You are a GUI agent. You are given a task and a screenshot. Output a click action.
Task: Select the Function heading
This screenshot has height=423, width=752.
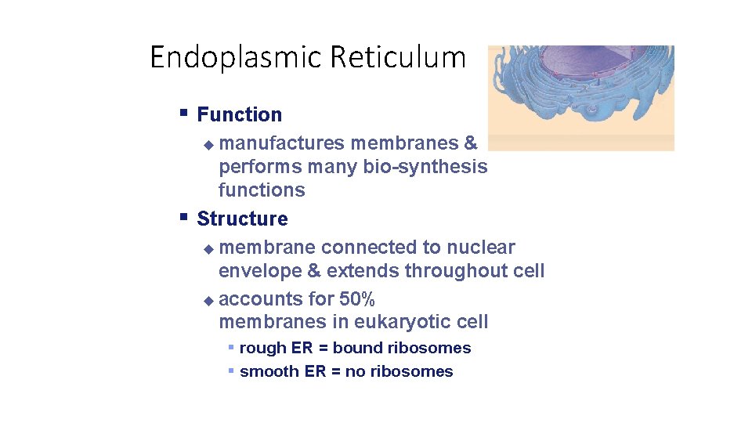pos(239,114)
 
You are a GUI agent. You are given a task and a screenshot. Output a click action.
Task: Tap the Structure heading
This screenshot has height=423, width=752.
pos(242,219)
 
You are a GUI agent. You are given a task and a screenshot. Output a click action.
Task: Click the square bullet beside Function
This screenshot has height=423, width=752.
pos(183,113)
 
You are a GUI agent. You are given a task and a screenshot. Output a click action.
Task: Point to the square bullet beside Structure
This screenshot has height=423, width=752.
pos(183,217)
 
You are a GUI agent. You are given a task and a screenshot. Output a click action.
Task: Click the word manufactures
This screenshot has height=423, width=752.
pos(282,143)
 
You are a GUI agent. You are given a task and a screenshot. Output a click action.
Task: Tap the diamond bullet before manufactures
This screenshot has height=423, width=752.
pos(208,145)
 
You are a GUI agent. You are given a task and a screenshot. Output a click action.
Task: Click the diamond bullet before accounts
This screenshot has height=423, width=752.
pos(208,300)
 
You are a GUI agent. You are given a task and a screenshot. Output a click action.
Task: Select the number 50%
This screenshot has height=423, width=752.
pos(357,299)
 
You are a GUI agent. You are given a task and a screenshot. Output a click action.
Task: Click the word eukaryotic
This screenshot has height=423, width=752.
pos(403,322)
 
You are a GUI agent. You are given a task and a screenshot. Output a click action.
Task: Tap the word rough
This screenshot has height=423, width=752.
pos(262,348)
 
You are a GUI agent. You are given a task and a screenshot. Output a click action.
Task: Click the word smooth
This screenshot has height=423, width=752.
pos(269,371)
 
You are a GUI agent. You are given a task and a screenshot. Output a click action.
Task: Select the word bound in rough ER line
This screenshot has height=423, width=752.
pos(356,348)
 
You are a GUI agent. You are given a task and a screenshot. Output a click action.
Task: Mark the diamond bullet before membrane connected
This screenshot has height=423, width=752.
pos(208,249)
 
